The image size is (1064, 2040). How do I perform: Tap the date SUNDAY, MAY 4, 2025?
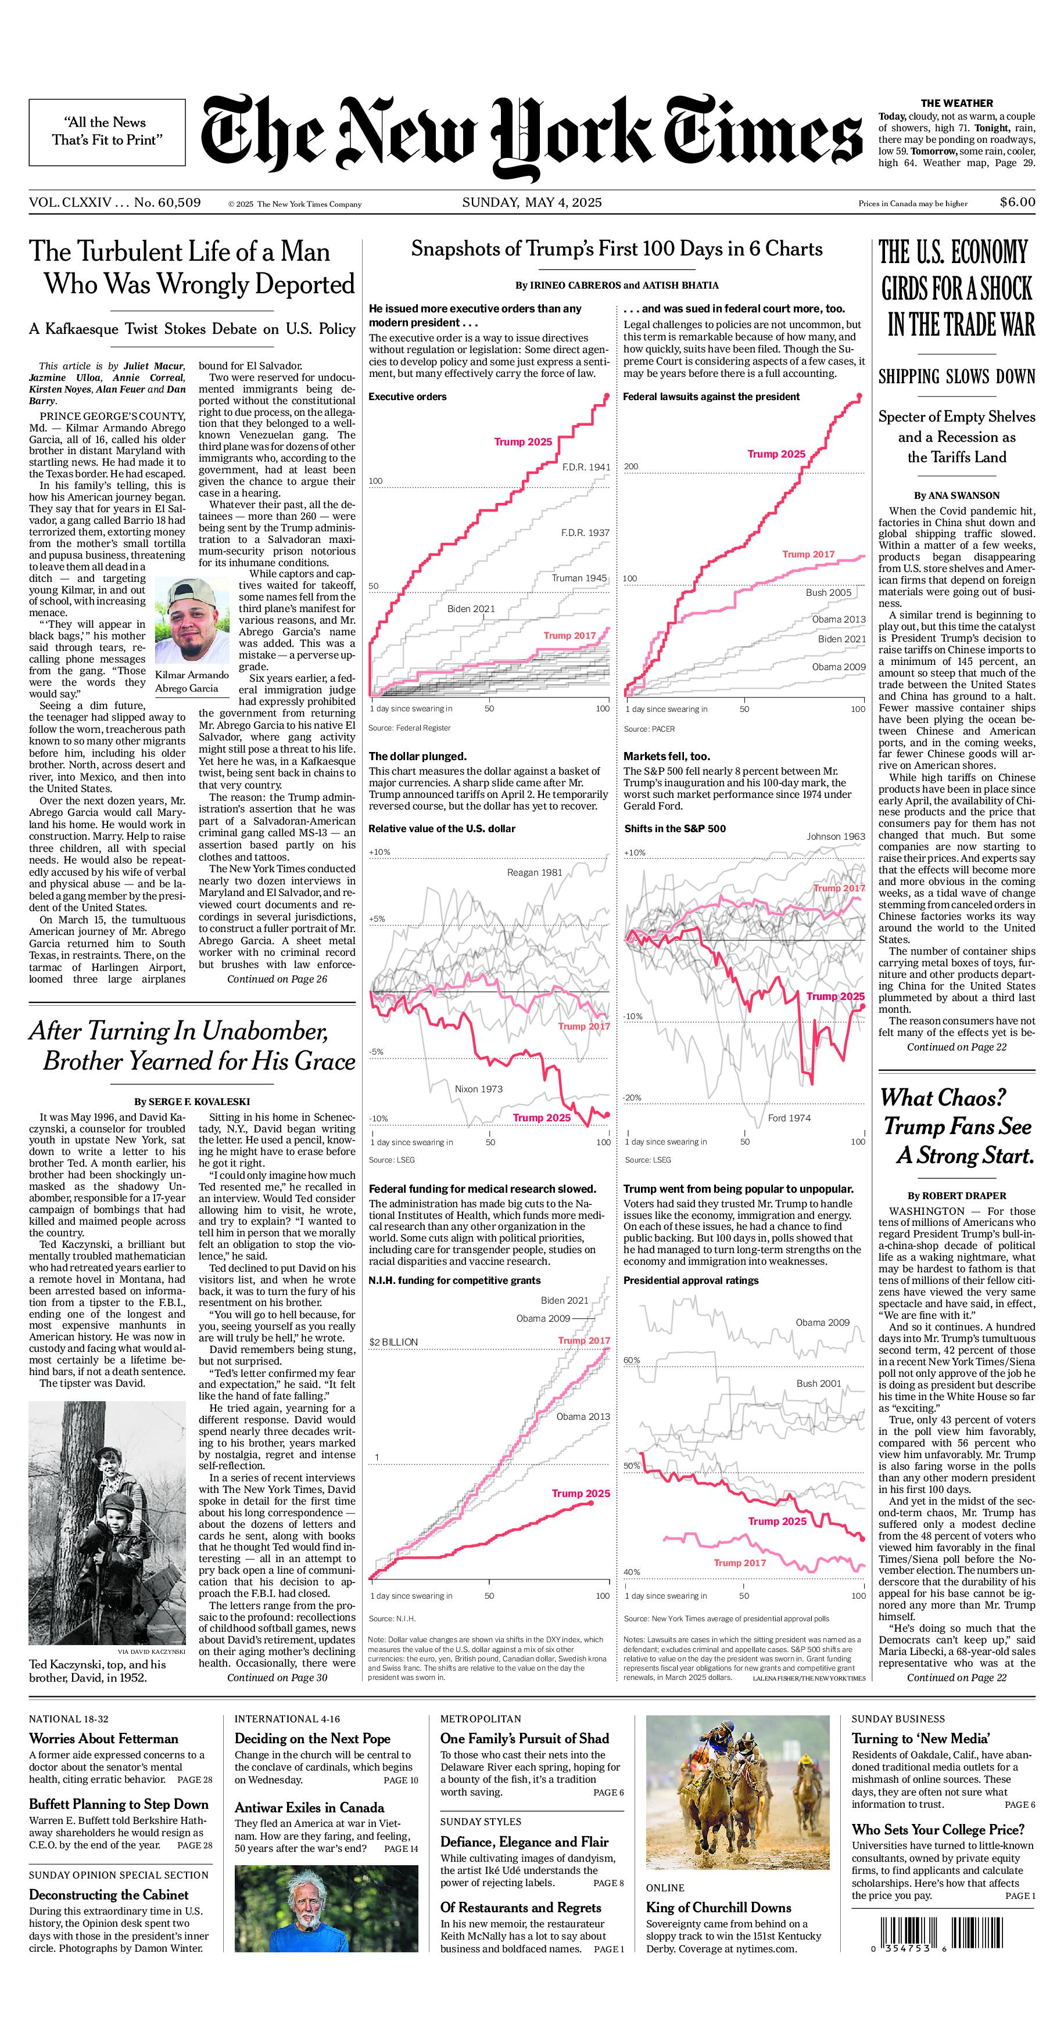tap(532, 203)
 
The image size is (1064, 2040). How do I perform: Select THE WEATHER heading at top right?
tap(956, 103)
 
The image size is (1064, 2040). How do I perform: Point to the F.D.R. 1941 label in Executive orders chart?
tap(586, 467)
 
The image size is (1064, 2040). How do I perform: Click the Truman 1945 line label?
tap(579, 578)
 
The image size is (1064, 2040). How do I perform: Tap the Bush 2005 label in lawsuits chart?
tap(828, 592)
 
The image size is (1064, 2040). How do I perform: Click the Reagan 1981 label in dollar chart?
tap(534, 873)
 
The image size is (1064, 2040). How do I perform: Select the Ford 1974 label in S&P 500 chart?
tap(789, 1118)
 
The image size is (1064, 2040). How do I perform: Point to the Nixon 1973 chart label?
tap(478, 1089)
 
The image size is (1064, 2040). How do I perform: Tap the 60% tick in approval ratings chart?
tap(632, 1360)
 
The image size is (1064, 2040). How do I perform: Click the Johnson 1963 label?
tap(836, 836)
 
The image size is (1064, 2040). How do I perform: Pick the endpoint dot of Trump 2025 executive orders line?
tap(607, 395)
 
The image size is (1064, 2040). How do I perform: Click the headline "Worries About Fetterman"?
tap(104, 1738)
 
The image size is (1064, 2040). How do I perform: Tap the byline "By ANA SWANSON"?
tap(956, 495)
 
